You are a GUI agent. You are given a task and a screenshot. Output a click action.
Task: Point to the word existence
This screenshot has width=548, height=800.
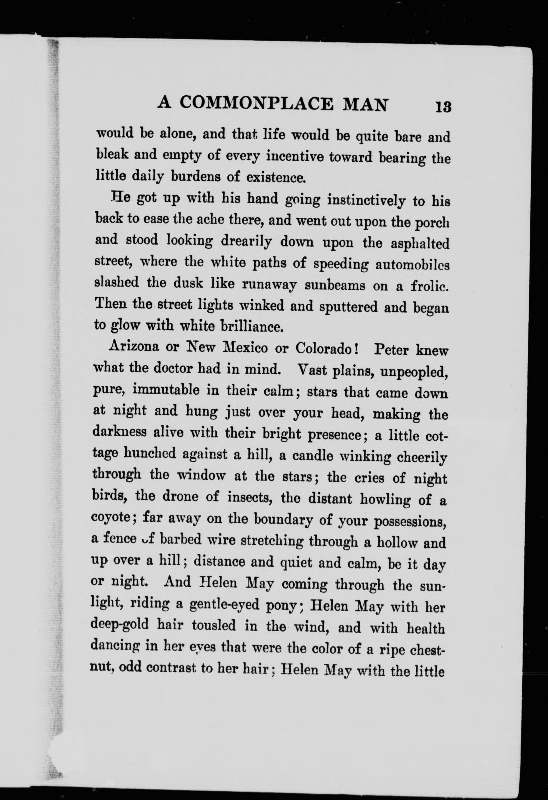(275, 177)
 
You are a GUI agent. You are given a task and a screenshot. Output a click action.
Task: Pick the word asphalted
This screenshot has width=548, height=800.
(420, 244)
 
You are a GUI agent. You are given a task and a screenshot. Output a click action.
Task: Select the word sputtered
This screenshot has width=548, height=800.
(348, 306)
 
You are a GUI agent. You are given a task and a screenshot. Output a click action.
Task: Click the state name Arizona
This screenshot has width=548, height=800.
(134, 347)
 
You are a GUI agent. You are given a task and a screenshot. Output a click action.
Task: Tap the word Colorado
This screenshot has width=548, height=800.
(323, 348)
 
